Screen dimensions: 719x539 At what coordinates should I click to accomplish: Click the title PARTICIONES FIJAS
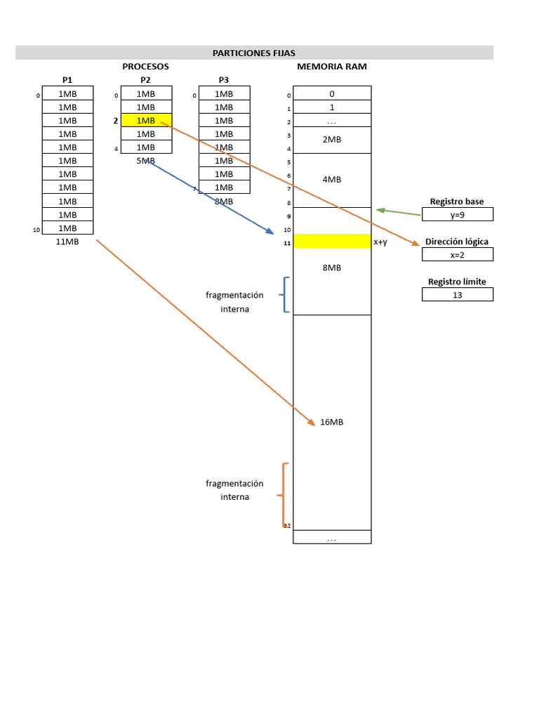(x=254, y=53)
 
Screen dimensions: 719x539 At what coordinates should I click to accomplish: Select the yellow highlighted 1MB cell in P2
(x=146, y=120)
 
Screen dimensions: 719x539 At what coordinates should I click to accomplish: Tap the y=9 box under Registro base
(x=458, y=215)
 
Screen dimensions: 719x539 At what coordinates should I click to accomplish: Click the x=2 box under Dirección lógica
(x=458, y=255)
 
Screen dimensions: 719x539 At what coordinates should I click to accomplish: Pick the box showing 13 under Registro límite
(x=458, y=295)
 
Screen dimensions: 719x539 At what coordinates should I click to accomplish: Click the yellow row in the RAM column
(x=332, y=242)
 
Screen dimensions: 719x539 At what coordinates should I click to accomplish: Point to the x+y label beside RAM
(x=380, y=242)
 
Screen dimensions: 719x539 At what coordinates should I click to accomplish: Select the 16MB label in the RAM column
(x=332, y=422)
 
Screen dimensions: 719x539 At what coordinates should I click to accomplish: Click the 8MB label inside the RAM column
(x=332, y=268)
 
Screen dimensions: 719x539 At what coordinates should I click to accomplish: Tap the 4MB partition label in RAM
(x=332, y=180)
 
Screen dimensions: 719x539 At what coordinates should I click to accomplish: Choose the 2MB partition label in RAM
(x=332, y=140)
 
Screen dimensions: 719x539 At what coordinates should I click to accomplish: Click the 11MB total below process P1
(x=67, y=242)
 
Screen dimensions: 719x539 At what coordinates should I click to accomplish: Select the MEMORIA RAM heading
(x=332, y=67)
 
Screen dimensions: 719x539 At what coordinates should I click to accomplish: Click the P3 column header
(x=224, y=80)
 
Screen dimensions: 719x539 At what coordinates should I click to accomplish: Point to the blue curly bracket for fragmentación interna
(x=284, y=294)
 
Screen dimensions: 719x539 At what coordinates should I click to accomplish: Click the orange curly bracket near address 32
(x=282, y=495)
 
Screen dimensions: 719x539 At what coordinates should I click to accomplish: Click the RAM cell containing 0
(x=332, y=93)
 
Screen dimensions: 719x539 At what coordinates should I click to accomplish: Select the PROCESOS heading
(x=145, y=67)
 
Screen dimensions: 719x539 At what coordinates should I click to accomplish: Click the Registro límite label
(x=457, y=282)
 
